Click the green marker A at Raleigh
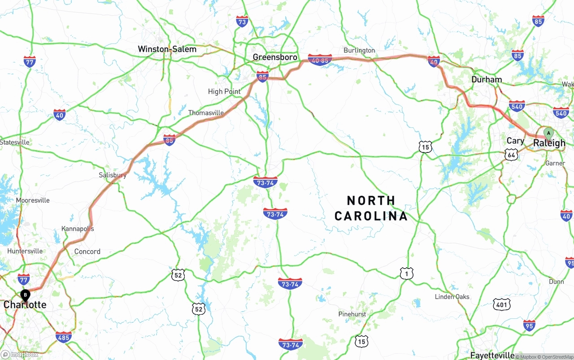(548, 134)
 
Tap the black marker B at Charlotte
(26, 295)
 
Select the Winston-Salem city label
(167, 49)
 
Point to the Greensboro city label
(275, 57)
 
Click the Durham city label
(487, 79)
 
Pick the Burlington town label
(359, 50)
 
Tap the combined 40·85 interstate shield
(320, 60)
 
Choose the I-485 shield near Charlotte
(63, 337)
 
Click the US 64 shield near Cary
(511, 155)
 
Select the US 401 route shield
(501, 305)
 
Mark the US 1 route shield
(406, 273)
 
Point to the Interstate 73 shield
(242, 21)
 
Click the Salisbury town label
(113, 175)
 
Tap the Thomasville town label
(206, 113)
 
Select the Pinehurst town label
(352, 314)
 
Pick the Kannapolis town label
(78, 229)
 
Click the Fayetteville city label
(492, 355)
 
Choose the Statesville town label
(15, 142)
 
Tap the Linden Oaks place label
(452, 297)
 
